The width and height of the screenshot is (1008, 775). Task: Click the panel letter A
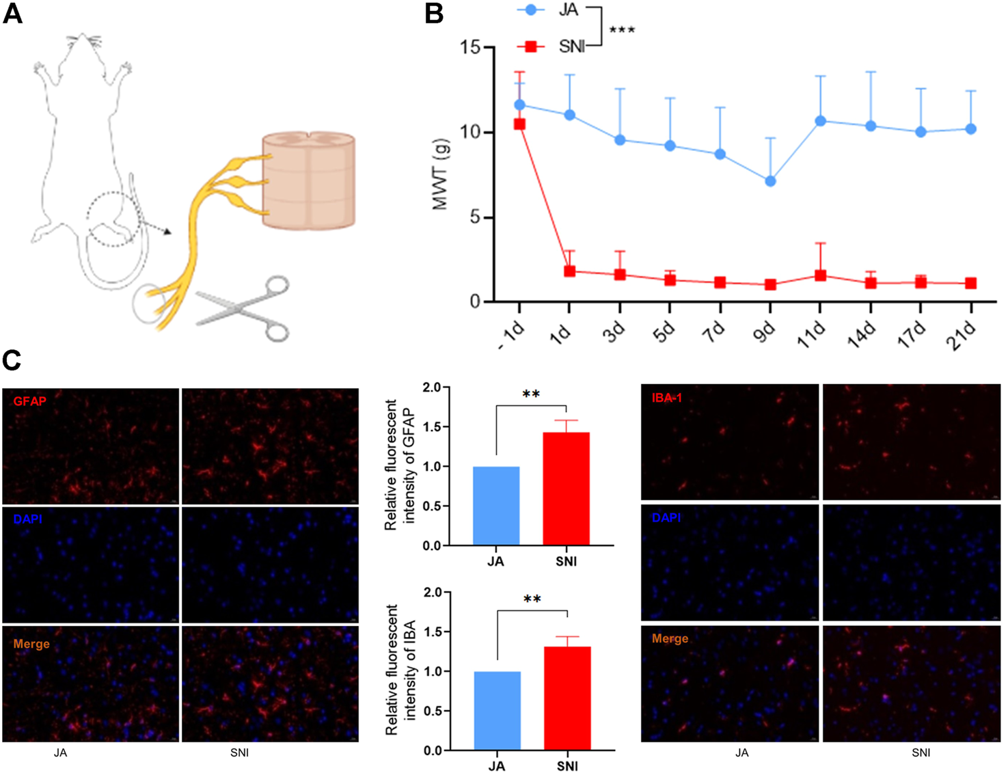tap(12, 14)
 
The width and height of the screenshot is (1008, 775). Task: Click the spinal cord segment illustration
tap(309, 182)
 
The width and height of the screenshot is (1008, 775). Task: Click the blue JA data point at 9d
tap(770, 181)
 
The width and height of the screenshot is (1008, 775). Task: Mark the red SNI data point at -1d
tap(519, 124)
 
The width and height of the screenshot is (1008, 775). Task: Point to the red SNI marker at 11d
tap(821, 275)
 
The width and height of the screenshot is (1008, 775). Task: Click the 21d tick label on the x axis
tap(963, 336)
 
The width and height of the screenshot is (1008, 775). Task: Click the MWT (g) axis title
tap(441, 174)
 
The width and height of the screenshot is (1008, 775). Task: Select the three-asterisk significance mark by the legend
tap(622, 31)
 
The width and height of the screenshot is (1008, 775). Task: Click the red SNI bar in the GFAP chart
tap(566, 488)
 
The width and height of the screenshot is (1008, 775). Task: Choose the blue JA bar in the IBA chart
tap(497, 710)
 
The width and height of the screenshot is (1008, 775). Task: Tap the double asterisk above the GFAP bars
tap(531, 394)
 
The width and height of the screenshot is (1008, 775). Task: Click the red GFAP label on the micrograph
tap(29, 401)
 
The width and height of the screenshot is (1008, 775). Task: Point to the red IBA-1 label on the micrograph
tap(666, 397)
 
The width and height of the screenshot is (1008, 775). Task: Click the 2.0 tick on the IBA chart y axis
tap(433, 593)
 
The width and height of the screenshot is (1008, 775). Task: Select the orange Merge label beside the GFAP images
tap(31, 644)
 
